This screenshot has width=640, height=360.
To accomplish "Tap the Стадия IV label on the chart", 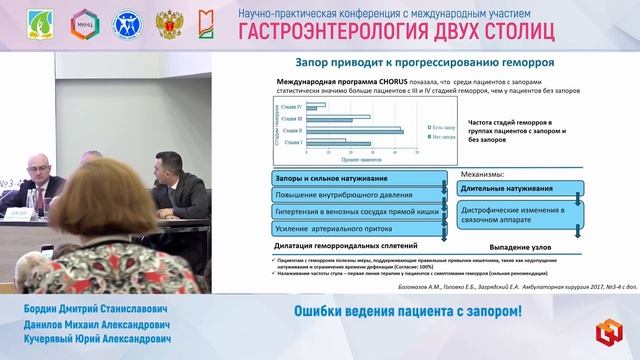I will pyautogui.click(x=292, y=104).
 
